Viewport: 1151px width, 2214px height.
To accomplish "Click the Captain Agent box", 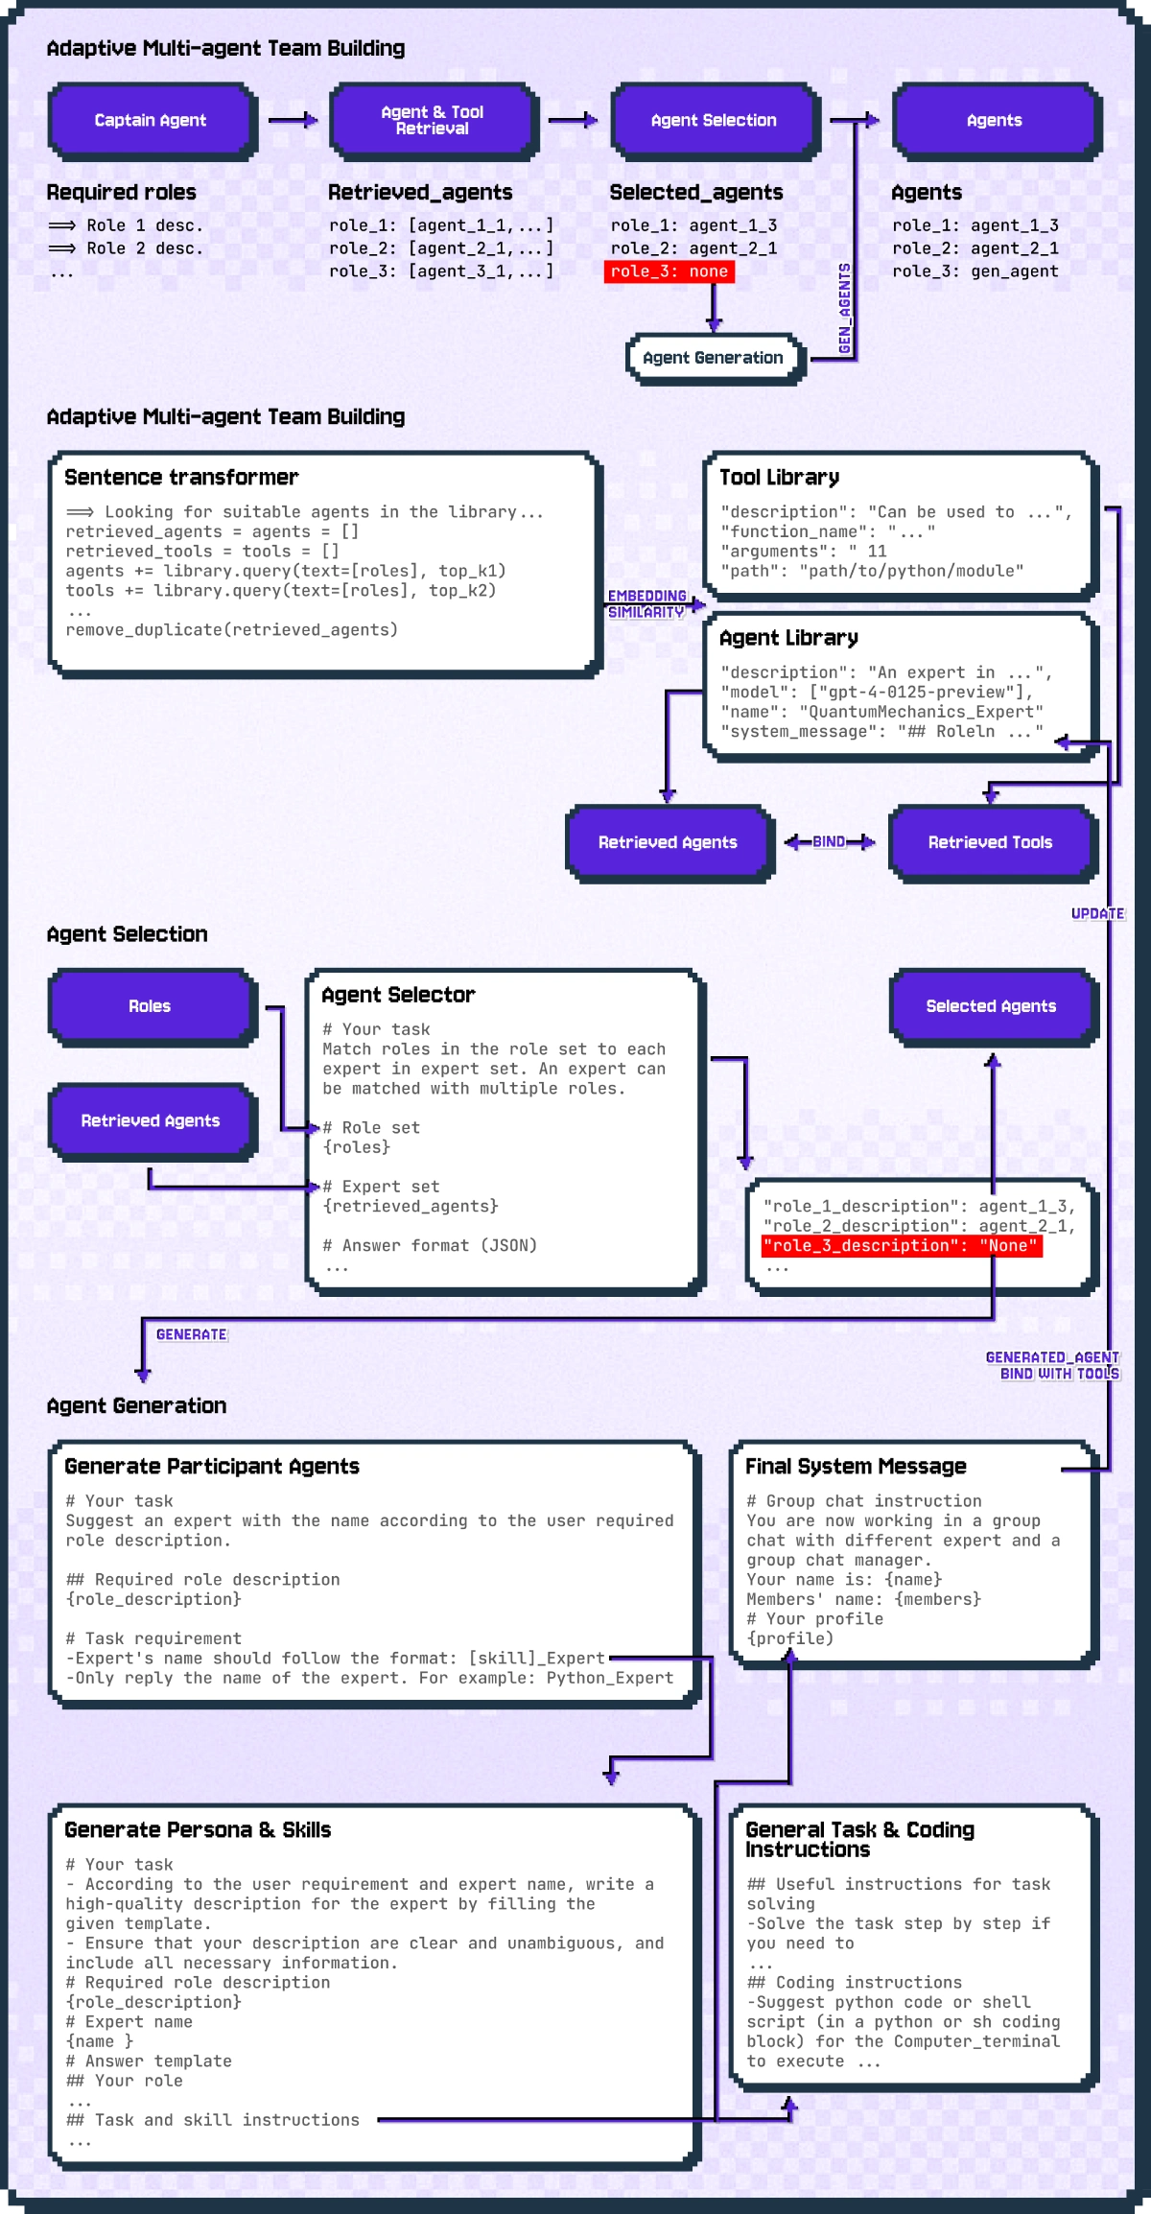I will [151, 120].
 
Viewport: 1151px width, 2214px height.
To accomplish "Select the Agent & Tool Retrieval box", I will [433, 120].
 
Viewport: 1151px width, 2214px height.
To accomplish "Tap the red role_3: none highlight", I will [669, 271].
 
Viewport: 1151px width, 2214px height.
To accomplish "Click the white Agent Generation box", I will [713, 358].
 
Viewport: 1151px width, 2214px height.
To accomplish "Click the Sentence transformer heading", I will [181, 478].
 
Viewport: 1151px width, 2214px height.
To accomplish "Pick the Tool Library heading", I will [779, 478].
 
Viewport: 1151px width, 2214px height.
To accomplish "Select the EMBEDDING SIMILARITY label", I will [646, 603].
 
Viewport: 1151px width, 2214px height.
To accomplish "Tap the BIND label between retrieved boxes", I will [829, 841].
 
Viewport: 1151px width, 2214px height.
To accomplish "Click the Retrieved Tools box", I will [990, 842].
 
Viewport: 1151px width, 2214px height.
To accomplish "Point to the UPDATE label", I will [1097, 913].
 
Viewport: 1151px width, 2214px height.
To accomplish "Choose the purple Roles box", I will [151, 1006].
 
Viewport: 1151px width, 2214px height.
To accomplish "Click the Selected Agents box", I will [991, 1006].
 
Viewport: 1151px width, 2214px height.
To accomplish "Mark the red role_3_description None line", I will [901, 1245].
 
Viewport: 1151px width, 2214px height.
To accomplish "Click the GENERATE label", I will [191, 1334].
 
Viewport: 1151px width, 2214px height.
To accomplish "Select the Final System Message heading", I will [856, 1467].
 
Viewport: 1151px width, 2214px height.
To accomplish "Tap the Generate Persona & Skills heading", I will [198, 1830].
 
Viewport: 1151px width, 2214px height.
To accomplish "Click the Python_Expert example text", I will [610, 1678].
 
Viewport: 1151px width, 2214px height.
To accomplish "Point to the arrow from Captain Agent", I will [292, 120].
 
